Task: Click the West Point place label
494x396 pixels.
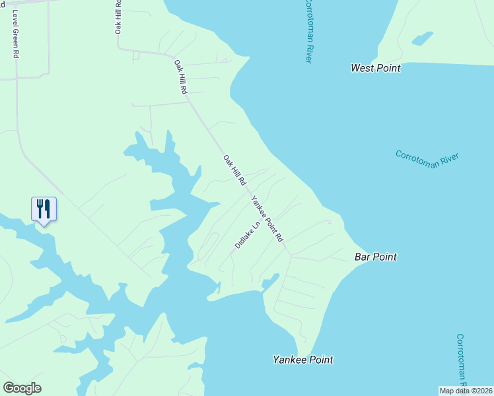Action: coord(375,68)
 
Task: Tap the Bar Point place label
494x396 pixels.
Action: coord(375,257)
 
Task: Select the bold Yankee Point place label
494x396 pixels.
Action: coord(303,360)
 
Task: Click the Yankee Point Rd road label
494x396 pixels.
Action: coord(267,218)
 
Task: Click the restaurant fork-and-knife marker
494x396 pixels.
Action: coord(44,209)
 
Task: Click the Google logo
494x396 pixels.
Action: coord(22,388)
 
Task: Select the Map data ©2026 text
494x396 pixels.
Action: coord(466,391)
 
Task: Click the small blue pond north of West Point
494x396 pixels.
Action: coord(422,38)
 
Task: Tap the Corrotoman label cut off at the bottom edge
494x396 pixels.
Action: coord(462,360)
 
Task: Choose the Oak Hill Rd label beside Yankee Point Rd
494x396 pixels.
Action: coord(234,170)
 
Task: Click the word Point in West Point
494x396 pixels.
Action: coord(387,68)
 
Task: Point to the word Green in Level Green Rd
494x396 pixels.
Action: coord(14,31)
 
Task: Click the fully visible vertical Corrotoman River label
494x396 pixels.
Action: coord(307,32)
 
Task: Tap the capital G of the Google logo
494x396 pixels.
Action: coord(9,388)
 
